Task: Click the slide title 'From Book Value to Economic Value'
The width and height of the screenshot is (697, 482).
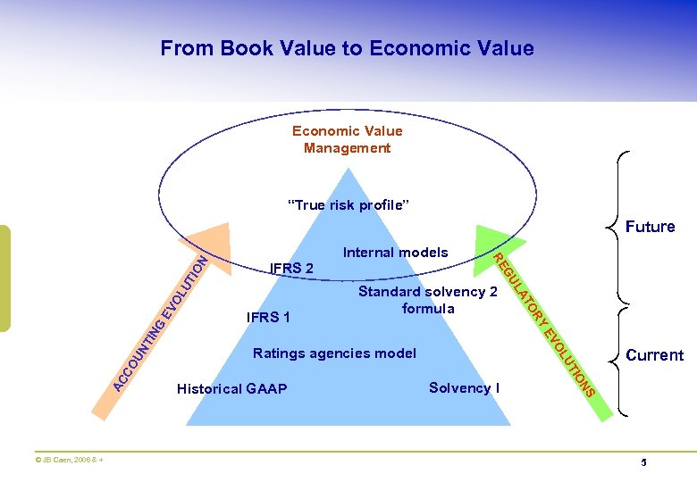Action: pos(347,48)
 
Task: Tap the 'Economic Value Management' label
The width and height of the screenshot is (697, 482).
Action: pos(347,139)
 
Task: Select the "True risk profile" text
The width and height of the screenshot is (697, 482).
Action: pos(348,205)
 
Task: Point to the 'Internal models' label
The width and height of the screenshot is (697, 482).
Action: pos(395,253)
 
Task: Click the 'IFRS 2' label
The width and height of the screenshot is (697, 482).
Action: pos(291,268)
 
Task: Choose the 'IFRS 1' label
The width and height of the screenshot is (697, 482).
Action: pos(268,317)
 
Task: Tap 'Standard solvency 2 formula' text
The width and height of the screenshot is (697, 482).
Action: pos(427,300)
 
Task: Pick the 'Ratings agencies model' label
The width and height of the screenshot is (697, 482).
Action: pos(334,353)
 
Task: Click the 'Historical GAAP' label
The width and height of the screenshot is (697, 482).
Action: pos(232,389)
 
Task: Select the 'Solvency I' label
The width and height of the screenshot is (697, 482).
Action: pos(464,387)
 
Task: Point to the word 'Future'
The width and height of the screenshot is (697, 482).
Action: pos(650,227)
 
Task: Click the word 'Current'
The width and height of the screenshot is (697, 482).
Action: pos(654,355)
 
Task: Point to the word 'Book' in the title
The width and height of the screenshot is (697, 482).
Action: pos(235,48)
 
